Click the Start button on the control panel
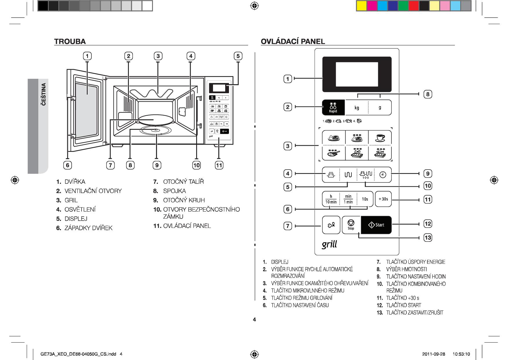[x=376, y=225]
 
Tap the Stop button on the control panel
[x=351, y=225]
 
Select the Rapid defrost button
[x=333, y=107]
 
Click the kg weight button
[x=357, y=108]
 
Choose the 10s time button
[x=365, y=199]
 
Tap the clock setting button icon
[x=383, y=174]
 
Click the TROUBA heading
[x=70, y=42]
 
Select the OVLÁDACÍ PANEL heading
[x=293, y=42]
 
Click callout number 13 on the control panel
[x=428, y=238]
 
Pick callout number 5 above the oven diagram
[x=238, y=56]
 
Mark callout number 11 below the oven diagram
[x=219, y=165]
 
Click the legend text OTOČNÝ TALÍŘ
[x=183, y=182]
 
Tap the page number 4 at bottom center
[x=255, y=320]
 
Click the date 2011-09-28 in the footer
[x=434, y=354]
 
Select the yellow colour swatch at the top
[x=361, y=6]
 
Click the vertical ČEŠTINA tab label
[x=44, y=94]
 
